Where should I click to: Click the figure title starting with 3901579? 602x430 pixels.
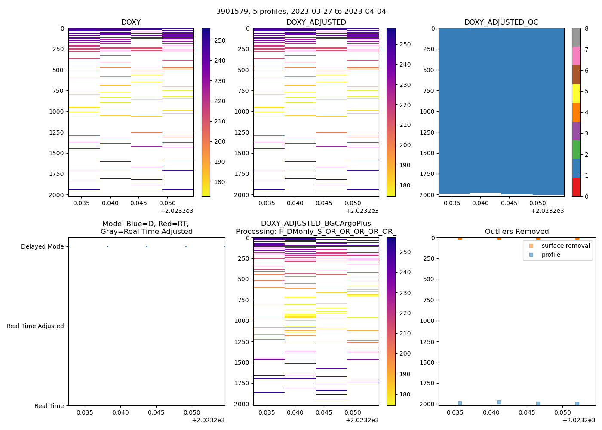tap(301, 12)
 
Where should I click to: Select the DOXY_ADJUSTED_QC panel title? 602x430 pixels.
tap(501, 22)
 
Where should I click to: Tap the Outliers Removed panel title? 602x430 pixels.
tap(517, 231)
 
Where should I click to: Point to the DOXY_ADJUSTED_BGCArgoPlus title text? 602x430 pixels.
tap(316, 223)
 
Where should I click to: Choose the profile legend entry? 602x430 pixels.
tap(551, 255)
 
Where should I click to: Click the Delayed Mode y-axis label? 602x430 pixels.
tap(42, 246)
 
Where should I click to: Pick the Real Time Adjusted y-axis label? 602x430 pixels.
tap(35, 326)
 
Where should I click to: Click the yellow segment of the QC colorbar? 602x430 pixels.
tap(576, 93)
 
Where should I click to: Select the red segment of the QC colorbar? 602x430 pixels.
tap(576, 187)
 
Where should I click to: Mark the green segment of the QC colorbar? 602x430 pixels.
tap(576, 149)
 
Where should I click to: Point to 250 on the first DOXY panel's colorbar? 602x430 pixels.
tap(220, 40)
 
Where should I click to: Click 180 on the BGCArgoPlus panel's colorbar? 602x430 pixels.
tap(405, 394)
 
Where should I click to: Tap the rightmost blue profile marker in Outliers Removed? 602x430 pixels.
tap(577, 404)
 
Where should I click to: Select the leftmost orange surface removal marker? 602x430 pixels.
tap(460, 237)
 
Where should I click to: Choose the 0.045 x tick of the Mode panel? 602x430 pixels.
tap(156, 413)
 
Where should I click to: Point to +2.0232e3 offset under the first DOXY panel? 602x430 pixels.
tap(177, 211)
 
